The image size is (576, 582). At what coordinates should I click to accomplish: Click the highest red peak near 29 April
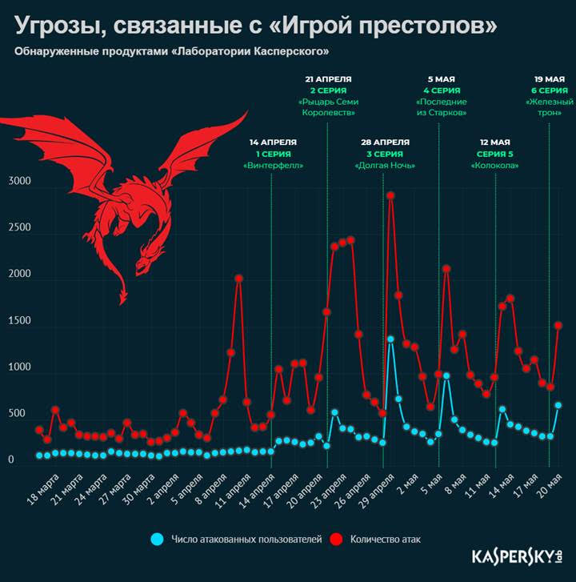[390, 195]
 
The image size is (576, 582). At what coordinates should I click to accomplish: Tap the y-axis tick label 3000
[19, 182]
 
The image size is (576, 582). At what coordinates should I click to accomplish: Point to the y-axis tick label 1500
[19, 321]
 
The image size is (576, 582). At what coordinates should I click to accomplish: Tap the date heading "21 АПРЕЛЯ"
[328, 80]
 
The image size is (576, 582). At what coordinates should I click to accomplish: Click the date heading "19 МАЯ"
[550, 80]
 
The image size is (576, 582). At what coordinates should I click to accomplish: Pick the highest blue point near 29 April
[390, 339]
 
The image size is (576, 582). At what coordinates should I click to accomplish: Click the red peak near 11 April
[238, 279]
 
